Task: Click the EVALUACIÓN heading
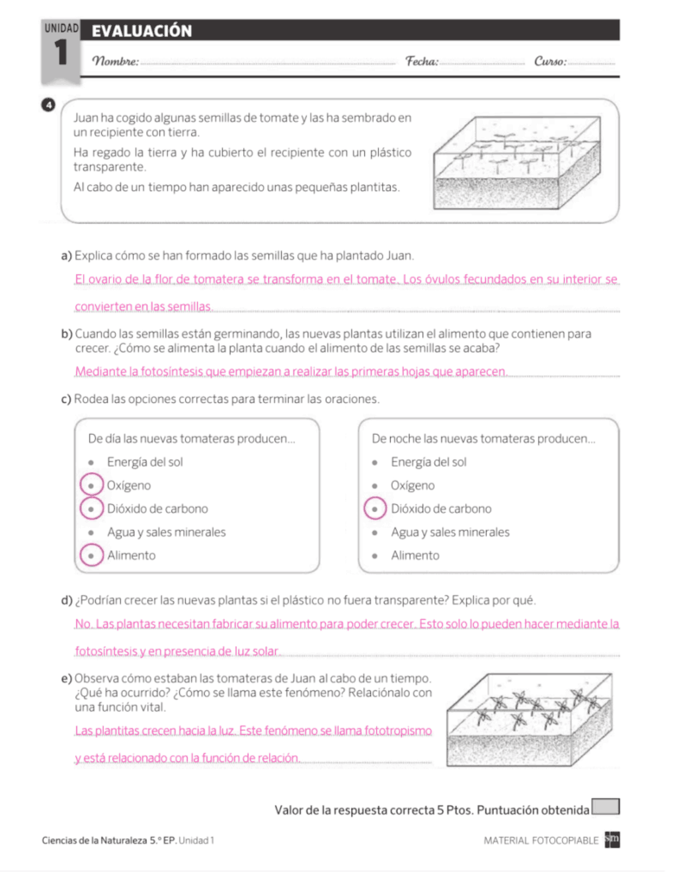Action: coord(141,31)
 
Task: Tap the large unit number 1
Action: coord(61,53)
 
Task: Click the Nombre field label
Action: coord(115,61)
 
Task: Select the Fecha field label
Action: coord(422,61)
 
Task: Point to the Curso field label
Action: coord(550,61)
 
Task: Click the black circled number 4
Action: coord(48,105)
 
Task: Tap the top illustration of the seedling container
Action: coord(517,162)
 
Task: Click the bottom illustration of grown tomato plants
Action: coord(529,720)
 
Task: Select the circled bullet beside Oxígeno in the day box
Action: coord(92,485)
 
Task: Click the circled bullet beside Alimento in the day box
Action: coord(92,555)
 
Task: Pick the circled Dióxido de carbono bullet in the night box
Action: coord(375,508)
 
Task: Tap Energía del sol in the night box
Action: coord(428,462)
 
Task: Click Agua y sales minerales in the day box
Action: coord(166,532)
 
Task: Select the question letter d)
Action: coord(67,600)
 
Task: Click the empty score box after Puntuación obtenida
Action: coord(605,807)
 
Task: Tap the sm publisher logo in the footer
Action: coord(612,839)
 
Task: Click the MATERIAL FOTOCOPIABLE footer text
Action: coord(541,840)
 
